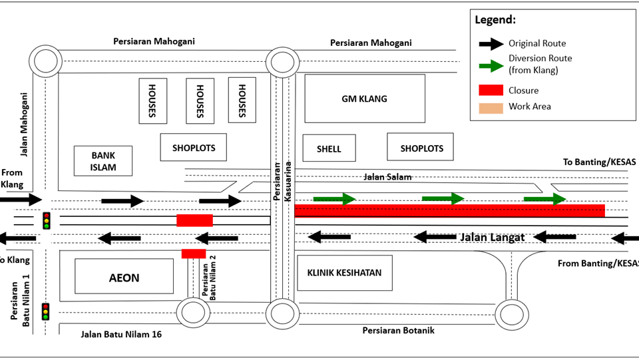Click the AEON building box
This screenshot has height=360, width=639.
tap(124, 276)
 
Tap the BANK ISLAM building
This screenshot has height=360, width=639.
tap(103, 161)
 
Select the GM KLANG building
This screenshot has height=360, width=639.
tap(364, 98)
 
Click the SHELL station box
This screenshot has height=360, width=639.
tap(329, 148)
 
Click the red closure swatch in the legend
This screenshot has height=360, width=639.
tap(491, 90)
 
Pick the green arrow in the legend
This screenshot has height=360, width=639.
tap(491, 65)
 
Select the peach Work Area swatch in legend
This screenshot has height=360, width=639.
tap(491, 106)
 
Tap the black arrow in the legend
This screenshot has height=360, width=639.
tap(491, 44)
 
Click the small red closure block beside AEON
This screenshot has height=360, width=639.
tap(194, 253)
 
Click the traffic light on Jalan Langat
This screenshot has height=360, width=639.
tap(47, 220)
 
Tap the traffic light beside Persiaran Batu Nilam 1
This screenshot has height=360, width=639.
tap(46, 311)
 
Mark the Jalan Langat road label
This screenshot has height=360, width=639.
tap(492, 237)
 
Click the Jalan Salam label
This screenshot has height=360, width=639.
tap(387, 177)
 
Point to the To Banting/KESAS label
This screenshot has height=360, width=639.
tap(599, 162)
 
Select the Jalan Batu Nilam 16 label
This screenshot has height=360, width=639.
tap(121, 335)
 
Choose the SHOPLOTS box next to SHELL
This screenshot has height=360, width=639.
tap(421, 148)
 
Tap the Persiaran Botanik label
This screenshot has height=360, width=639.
tap(398, 330)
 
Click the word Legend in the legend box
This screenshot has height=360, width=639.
tap(495, 20)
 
